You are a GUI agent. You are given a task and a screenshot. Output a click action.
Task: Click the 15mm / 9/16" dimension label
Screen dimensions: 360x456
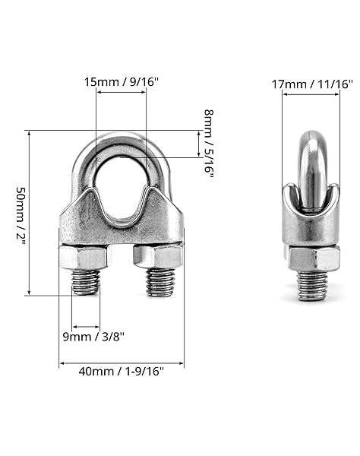[x=122, y=82]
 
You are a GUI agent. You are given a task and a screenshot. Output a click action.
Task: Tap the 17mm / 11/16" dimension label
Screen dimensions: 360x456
[x=312, y=84]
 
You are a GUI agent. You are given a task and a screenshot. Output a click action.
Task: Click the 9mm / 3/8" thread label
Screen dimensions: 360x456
[x=93, y=337]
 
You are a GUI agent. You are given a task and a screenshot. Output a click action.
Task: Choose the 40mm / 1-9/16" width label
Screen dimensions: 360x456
[x=122, y=372]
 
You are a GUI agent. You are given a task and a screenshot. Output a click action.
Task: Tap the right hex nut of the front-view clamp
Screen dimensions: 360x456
[x=157, y=257]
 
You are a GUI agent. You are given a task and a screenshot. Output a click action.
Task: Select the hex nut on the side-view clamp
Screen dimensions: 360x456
[x=314, y=258]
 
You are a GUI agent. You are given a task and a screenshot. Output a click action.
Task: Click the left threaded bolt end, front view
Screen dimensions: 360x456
[x=86, y=282]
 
